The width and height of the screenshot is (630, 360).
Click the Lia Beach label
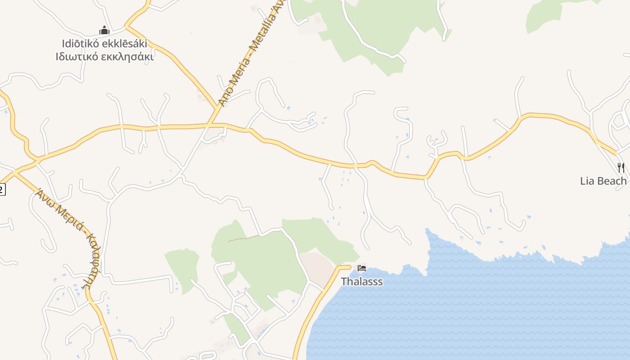(603, 181)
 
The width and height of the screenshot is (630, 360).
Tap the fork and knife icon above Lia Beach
(621, 168)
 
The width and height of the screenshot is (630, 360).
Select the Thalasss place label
(362, 282)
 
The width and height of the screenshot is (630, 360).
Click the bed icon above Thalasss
(362, 269)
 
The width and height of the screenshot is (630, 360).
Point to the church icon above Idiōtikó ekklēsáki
(104, 31)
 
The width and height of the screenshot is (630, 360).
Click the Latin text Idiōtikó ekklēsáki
(104, 44)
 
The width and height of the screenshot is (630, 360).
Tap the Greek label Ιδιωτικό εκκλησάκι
(104, 57)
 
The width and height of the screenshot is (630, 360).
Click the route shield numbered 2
(2, 189)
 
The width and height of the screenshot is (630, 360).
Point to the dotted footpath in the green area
(243, 238)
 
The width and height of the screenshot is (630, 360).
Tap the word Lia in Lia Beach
(587, 181)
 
